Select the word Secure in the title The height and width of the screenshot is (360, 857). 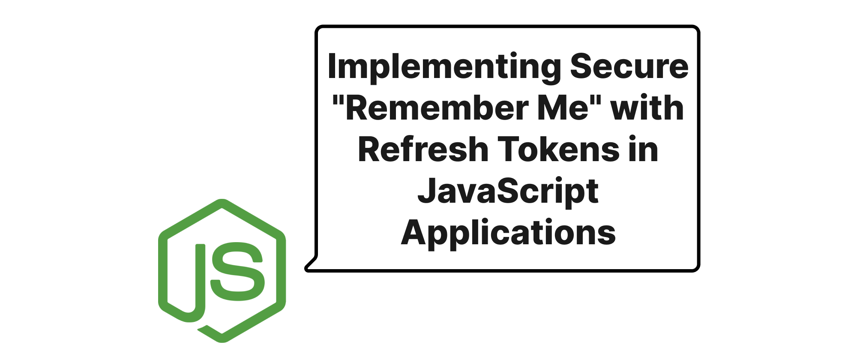[x=629, y=66]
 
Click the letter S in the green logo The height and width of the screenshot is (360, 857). [x=237, y=271]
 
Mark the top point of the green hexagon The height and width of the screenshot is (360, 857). [x=222, y=200]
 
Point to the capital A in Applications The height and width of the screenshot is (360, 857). [x=414, y=232]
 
